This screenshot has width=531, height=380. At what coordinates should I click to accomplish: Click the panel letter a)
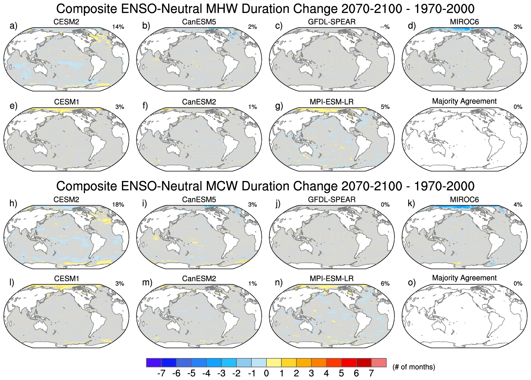pos(13,26)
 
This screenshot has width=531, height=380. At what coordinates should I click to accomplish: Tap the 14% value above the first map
pos(118,27)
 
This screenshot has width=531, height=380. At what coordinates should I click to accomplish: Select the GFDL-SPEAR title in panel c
pos(332,22)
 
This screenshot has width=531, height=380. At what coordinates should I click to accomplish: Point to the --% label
pos(385,27)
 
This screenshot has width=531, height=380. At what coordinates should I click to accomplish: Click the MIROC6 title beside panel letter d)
pos(464,22)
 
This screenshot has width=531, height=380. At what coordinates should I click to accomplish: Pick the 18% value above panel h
pos(118,205)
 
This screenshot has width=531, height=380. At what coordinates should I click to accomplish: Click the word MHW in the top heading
pos(225,9)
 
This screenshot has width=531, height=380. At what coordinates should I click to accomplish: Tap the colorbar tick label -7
pos(161,373)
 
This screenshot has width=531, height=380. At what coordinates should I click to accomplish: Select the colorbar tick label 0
pos(266,373)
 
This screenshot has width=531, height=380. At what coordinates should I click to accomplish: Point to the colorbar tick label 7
pos(371,373)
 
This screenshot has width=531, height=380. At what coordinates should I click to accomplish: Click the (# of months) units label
pos(414,367)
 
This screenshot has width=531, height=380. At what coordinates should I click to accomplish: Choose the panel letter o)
pos(411,282)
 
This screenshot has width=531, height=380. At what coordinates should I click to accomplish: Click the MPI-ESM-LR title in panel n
pos(332,279)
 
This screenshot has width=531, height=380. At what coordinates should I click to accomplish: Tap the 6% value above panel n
pos(385,284)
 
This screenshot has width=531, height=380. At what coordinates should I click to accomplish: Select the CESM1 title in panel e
pos(67,102)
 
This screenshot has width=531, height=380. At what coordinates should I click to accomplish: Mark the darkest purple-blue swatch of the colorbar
pos(154,362)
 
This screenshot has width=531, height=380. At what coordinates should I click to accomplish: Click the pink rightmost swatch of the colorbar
pos(379,362)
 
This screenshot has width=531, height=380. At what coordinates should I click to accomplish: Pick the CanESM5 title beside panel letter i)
pos(199,200)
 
